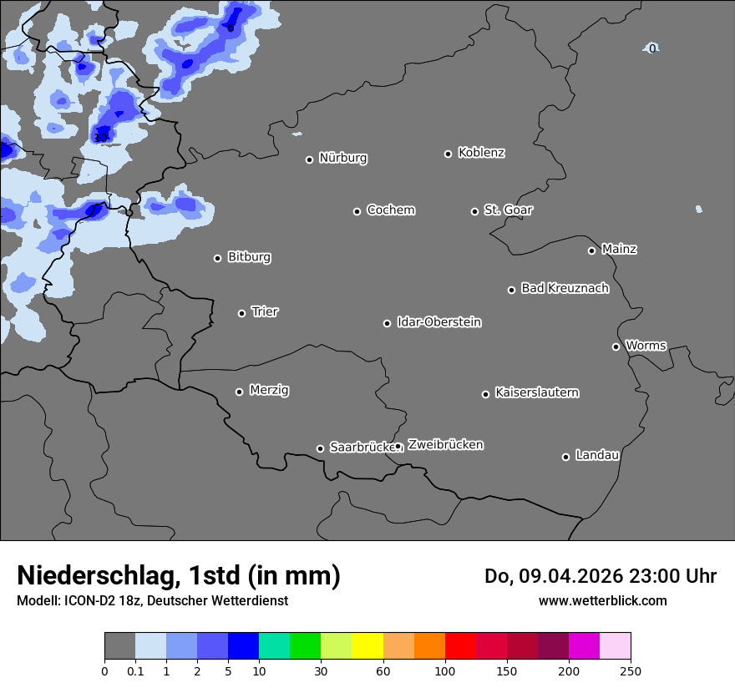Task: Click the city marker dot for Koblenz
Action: (x=449, y=154)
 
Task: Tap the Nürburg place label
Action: (x=343, y=158)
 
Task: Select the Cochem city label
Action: (x=391, y=210)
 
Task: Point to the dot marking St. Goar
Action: (x=475, y=211)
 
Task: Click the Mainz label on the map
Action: (x=619, y=249)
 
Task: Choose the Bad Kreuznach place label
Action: (x=565, y=288)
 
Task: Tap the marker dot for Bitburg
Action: (x=218, y=258)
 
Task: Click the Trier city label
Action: (x=265, y=311)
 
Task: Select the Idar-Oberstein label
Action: (x=438, y=322)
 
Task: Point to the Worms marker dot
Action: (x=616, y=346)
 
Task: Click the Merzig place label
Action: (x=269, y=390)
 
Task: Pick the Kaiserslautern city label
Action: (x=536, y=392)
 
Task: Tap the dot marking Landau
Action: (x=566, y=457)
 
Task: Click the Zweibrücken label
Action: (x=445, y=445)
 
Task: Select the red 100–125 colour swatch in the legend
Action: (x=460, y=646)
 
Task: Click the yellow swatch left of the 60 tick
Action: (x=367, y=646)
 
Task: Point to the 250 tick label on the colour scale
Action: (x=631, y=670)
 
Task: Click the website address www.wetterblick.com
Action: (x=602, y=600)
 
